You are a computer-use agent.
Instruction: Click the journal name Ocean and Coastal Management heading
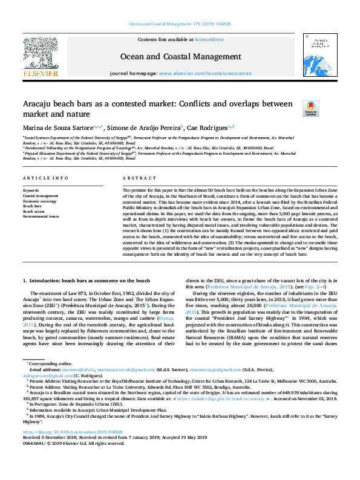click(180, 57)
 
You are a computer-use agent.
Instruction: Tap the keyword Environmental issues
click(41, 215)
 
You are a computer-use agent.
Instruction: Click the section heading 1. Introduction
click(86, 281)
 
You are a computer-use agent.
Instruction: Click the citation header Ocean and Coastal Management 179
click(180, 25)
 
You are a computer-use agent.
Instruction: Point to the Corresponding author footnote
click(50, 361)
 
